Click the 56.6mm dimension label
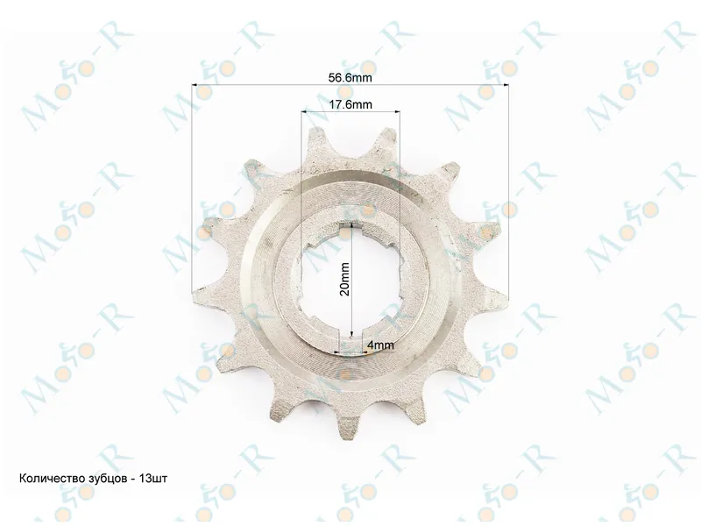click(350, 77)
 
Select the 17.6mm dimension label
click(350, 104)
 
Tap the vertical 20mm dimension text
click(344, 279)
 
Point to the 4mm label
click(380, 345)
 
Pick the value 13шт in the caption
click(153, 479)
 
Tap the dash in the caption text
click(133, 479)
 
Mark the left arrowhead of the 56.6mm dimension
click(195, 84)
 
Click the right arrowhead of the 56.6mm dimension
click(506, 84)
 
